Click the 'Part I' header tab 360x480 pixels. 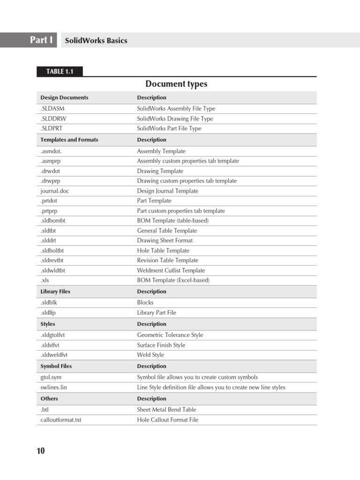41,40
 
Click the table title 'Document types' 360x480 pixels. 176,84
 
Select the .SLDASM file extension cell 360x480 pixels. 52,108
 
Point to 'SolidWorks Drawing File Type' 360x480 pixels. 175,119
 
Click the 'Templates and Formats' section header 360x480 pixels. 69,140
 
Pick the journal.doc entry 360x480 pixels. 55,191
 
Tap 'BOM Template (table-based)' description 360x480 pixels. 172,220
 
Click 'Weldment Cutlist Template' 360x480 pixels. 171,270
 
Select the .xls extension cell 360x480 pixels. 45,280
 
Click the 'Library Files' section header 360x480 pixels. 55,292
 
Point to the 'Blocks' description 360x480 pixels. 145,302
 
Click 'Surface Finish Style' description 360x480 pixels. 161,345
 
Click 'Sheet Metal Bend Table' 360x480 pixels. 166,409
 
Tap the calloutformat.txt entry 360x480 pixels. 61,420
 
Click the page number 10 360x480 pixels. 41,451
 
